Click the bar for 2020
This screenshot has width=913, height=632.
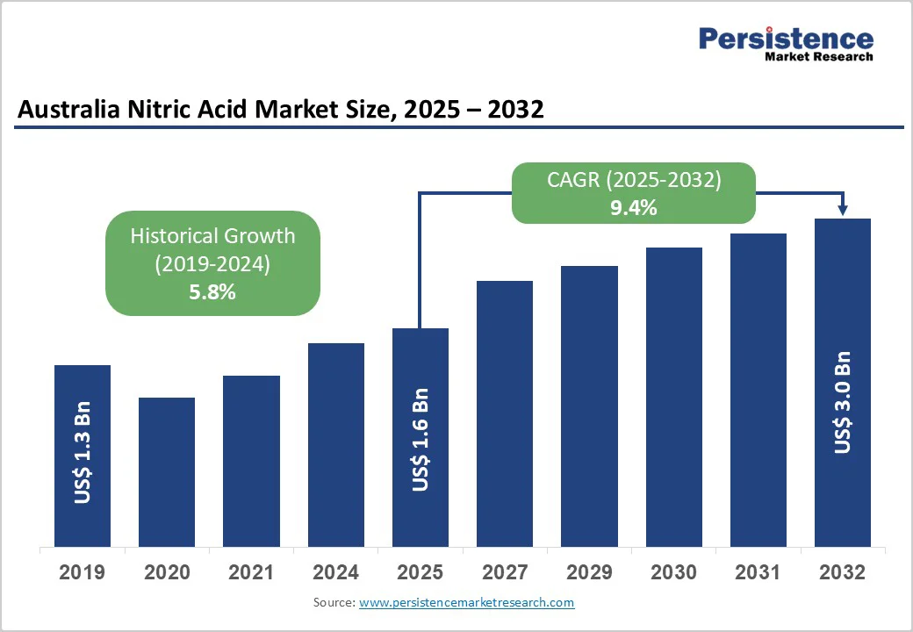[167, 472]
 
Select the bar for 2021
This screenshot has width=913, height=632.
[251, 461]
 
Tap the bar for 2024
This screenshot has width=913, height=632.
[335, 445]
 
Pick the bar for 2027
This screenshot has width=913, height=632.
[505, 413]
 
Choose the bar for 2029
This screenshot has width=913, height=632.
[589, 406]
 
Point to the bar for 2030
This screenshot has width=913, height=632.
[674, 397]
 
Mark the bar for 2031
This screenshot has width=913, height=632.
[758, 390]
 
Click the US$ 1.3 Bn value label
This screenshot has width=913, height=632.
[83, 453]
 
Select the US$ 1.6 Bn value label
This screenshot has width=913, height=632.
[421, 439]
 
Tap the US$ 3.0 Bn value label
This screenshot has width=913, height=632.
[843, 402]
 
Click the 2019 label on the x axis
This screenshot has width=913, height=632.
[82, 573]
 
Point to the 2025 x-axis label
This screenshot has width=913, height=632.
[420, 573]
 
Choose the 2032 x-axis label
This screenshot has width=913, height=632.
[842, 573]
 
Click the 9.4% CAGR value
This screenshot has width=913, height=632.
[634, 208]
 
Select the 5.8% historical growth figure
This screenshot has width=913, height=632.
[212, 292]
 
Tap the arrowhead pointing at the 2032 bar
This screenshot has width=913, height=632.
[843, 210]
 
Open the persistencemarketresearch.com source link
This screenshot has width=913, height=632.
[466, 603]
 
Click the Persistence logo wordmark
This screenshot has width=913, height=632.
[786, 39]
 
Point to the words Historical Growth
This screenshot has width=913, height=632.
[212, 236]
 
